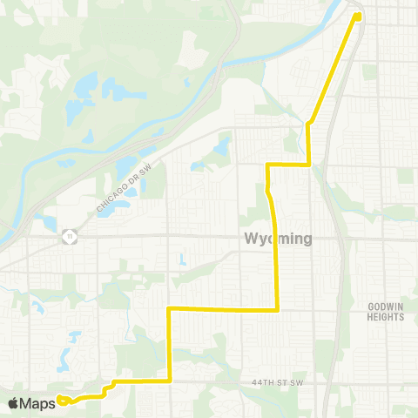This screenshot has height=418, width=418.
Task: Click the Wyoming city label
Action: [x=279, y=239]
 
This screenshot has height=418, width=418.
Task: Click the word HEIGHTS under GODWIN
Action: [x=385, y=318]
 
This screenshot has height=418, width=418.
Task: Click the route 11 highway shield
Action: [x=67, y=235]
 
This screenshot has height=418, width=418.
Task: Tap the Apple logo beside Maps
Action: [x=14, y=403]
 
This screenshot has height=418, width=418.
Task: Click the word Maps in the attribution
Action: [x=39, y=403]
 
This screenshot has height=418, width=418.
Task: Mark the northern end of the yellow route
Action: [x=358, y=16]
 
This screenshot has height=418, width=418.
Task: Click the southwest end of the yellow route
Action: [x=60, y=401]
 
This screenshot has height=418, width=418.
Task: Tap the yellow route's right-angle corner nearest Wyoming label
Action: [x=277, y=308]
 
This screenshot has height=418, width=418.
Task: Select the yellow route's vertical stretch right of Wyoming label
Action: [x=276, y=261]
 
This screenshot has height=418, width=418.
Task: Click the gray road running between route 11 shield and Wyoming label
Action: [x=157, y=235]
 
